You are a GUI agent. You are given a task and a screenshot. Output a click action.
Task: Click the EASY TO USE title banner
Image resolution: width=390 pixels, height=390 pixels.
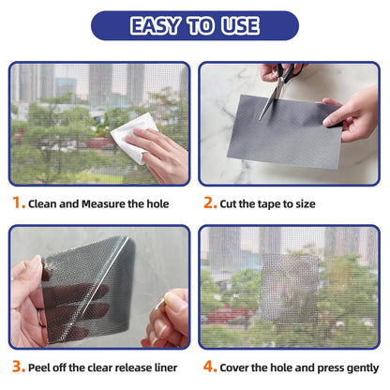coord(195,25)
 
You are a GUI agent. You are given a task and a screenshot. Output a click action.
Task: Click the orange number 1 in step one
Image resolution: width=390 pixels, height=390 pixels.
coord(18,202)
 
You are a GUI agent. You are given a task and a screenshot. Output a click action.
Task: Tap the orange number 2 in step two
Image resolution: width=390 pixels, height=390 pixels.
coord(209,202)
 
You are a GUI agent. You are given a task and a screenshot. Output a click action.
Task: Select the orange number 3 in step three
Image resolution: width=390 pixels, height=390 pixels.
coord(18,367)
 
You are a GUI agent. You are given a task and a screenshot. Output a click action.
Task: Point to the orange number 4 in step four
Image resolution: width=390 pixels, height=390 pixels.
coord(209,367)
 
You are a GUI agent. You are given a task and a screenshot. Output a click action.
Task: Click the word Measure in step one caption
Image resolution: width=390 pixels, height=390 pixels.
coord(105,202)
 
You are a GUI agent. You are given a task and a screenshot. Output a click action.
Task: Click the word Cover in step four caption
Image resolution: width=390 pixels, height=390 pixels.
coord(238,367)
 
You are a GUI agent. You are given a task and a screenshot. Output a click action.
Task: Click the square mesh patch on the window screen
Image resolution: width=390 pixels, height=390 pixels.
coord(290,286)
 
